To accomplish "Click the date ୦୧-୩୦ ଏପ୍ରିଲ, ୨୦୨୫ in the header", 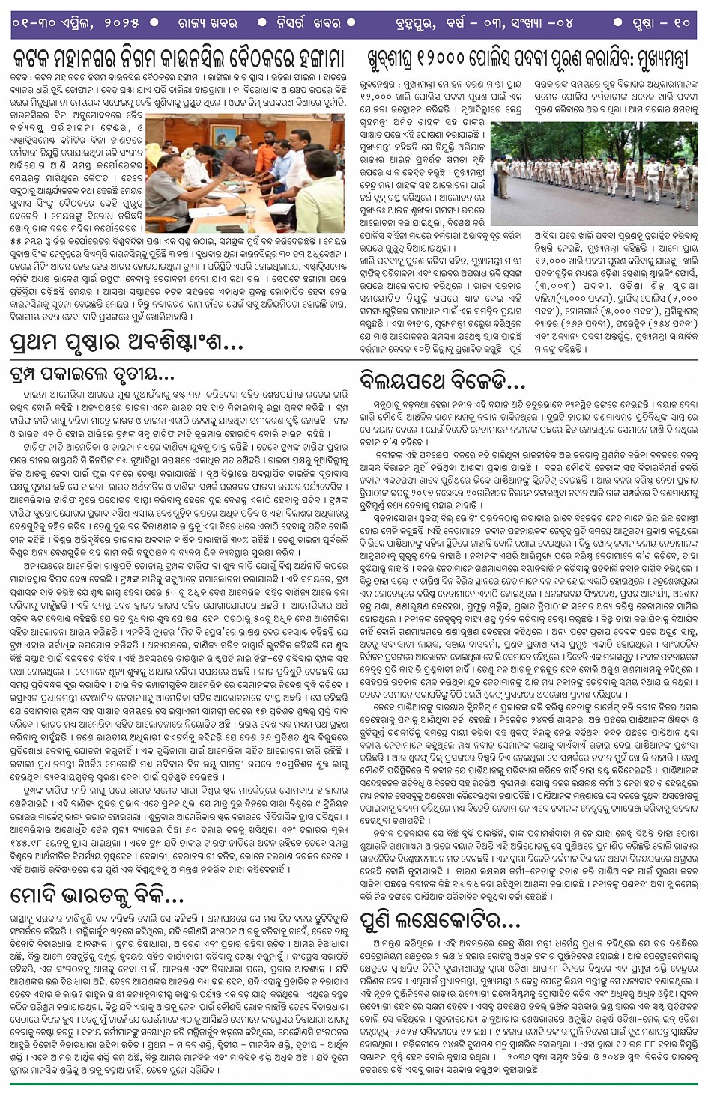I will click(75, 23).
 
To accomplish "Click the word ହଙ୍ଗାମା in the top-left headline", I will click(306, 58).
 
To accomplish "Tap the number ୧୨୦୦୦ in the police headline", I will click(453, 58).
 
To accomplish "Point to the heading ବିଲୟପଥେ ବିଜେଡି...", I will click(442, 381).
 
